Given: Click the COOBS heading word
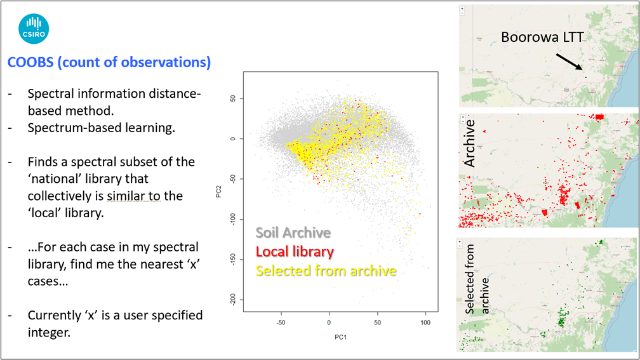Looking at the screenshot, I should [29, 62].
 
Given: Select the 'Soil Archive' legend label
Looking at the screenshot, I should [293, 232].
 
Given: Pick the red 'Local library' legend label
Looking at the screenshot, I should [295, 251].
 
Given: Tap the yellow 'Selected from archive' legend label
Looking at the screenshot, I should [326, 270].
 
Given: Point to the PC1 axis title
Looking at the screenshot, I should [329, 335].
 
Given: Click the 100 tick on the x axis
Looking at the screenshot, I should [425, 323].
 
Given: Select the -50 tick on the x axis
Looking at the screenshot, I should [281, 323].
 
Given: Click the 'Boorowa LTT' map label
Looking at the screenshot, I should [542, 37].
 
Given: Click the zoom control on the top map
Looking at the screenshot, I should [462, 11].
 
